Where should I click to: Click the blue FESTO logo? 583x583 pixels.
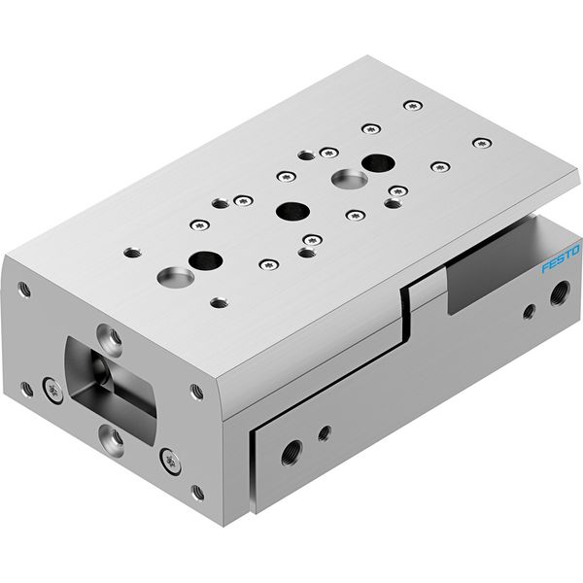pyautogui.click(x=561, y=258)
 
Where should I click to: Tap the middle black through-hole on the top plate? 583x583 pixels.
pyautogui.click(x=293, y=211)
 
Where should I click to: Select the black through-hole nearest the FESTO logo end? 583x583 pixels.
pyautogui.click(x=378, y=163)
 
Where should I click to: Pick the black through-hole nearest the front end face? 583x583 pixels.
pyautogui.click(x=206, y=260)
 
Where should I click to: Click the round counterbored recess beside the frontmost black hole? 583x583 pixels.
pyautogui.click(x=176, y=277)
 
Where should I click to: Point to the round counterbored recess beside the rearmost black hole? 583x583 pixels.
pyautogui.click(x=350, y=179)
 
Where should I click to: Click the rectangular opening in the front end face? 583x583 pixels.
pyautogui.click(x=111, y=390)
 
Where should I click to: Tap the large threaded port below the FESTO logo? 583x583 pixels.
pyautogui.click(x=560, y=293)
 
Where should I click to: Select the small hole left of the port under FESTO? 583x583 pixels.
pyautogui.click(x=530, y=312)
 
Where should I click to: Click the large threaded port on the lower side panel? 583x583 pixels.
pyautogui.click(x=291, y=453)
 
